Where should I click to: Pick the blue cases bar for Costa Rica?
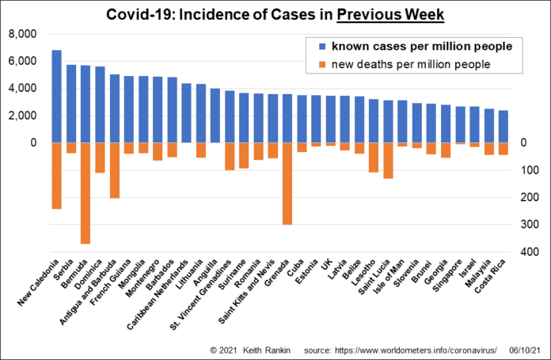pos(503,127)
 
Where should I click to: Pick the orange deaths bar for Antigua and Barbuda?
pos(115,170)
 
